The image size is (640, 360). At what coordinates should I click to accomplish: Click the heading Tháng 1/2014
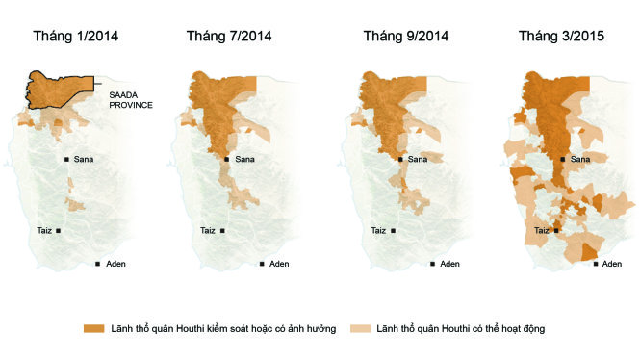click(76, 37)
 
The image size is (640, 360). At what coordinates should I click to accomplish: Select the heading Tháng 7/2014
click(229, 37)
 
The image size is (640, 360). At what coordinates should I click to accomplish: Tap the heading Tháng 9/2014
click(406, 37)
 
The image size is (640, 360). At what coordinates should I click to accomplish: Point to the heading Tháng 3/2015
click(562, 37)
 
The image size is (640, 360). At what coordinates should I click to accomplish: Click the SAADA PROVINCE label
click(131, 100)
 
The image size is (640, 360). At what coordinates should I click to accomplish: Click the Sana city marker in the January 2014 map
click(66, 159)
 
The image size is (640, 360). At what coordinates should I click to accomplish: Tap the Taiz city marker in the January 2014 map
click(59, 231)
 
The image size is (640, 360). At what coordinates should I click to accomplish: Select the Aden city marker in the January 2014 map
click(97, 264)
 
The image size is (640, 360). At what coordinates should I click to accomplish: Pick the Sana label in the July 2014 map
click(244, 159)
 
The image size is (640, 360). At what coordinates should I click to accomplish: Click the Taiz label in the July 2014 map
click(208, 231)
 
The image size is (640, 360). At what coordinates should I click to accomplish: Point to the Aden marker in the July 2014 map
click(262, 264)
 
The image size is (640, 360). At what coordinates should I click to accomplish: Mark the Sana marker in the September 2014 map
click(400, 159)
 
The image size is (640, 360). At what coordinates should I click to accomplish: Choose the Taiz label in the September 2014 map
click(378, 231)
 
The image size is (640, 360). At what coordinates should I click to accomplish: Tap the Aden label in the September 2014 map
click(449, 264)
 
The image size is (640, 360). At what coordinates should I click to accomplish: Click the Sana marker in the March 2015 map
click(563, 159)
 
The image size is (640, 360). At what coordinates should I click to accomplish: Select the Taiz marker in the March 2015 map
click(556, 231)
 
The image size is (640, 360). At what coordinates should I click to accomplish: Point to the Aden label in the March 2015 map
click(612, 264)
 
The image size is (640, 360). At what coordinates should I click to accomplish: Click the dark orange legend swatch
click(94, 328)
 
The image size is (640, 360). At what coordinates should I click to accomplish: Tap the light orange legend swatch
click(360, 328)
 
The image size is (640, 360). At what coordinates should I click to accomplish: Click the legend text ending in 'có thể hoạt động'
click(461, 328)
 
